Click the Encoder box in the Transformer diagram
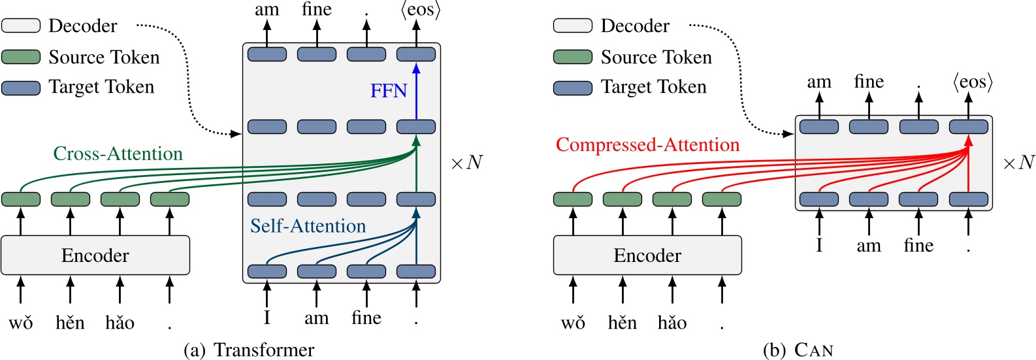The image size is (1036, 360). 95,255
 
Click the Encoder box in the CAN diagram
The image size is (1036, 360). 647,255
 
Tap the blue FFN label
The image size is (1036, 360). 389,91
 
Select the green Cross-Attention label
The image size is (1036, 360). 118,154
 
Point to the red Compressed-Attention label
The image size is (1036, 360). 647,145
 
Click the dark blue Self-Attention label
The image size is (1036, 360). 308,226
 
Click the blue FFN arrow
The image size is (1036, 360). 416,91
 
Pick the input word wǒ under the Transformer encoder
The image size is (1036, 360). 21,323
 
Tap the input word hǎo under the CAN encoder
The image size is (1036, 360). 672,323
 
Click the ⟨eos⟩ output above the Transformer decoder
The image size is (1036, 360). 420,10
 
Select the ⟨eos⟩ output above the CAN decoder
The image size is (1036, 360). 972,82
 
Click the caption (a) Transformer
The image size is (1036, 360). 249,350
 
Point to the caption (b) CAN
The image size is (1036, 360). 798,350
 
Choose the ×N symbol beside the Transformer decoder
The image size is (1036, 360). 466,163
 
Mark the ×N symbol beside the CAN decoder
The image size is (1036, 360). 1018,163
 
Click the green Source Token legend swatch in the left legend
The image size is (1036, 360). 21,57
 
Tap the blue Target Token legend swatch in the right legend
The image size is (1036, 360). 573,88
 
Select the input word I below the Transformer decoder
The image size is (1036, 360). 267,318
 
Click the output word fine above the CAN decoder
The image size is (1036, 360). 869,82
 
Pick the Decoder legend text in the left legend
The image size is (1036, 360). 83,26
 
